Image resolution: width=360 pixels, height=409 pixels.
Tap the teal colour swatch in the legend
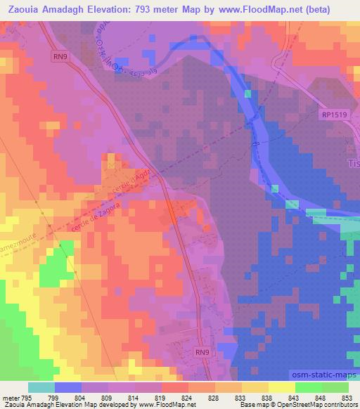point(41,387)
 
